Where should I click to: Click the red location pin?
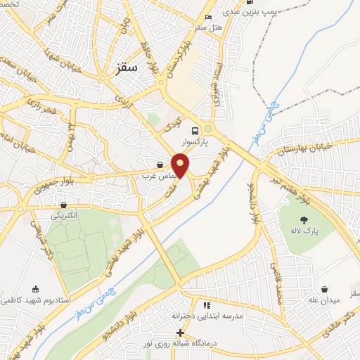[x=181, y=165]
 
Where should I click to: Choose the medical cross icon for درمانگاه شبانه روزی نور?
[x=180, y=333]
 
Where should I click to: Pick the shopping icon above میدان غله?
[x=325, y=289]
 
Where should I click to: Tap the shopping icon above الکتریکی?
[x=64, y=205]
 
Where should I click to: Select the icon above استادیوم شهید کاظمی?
[x=35, y=288]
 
